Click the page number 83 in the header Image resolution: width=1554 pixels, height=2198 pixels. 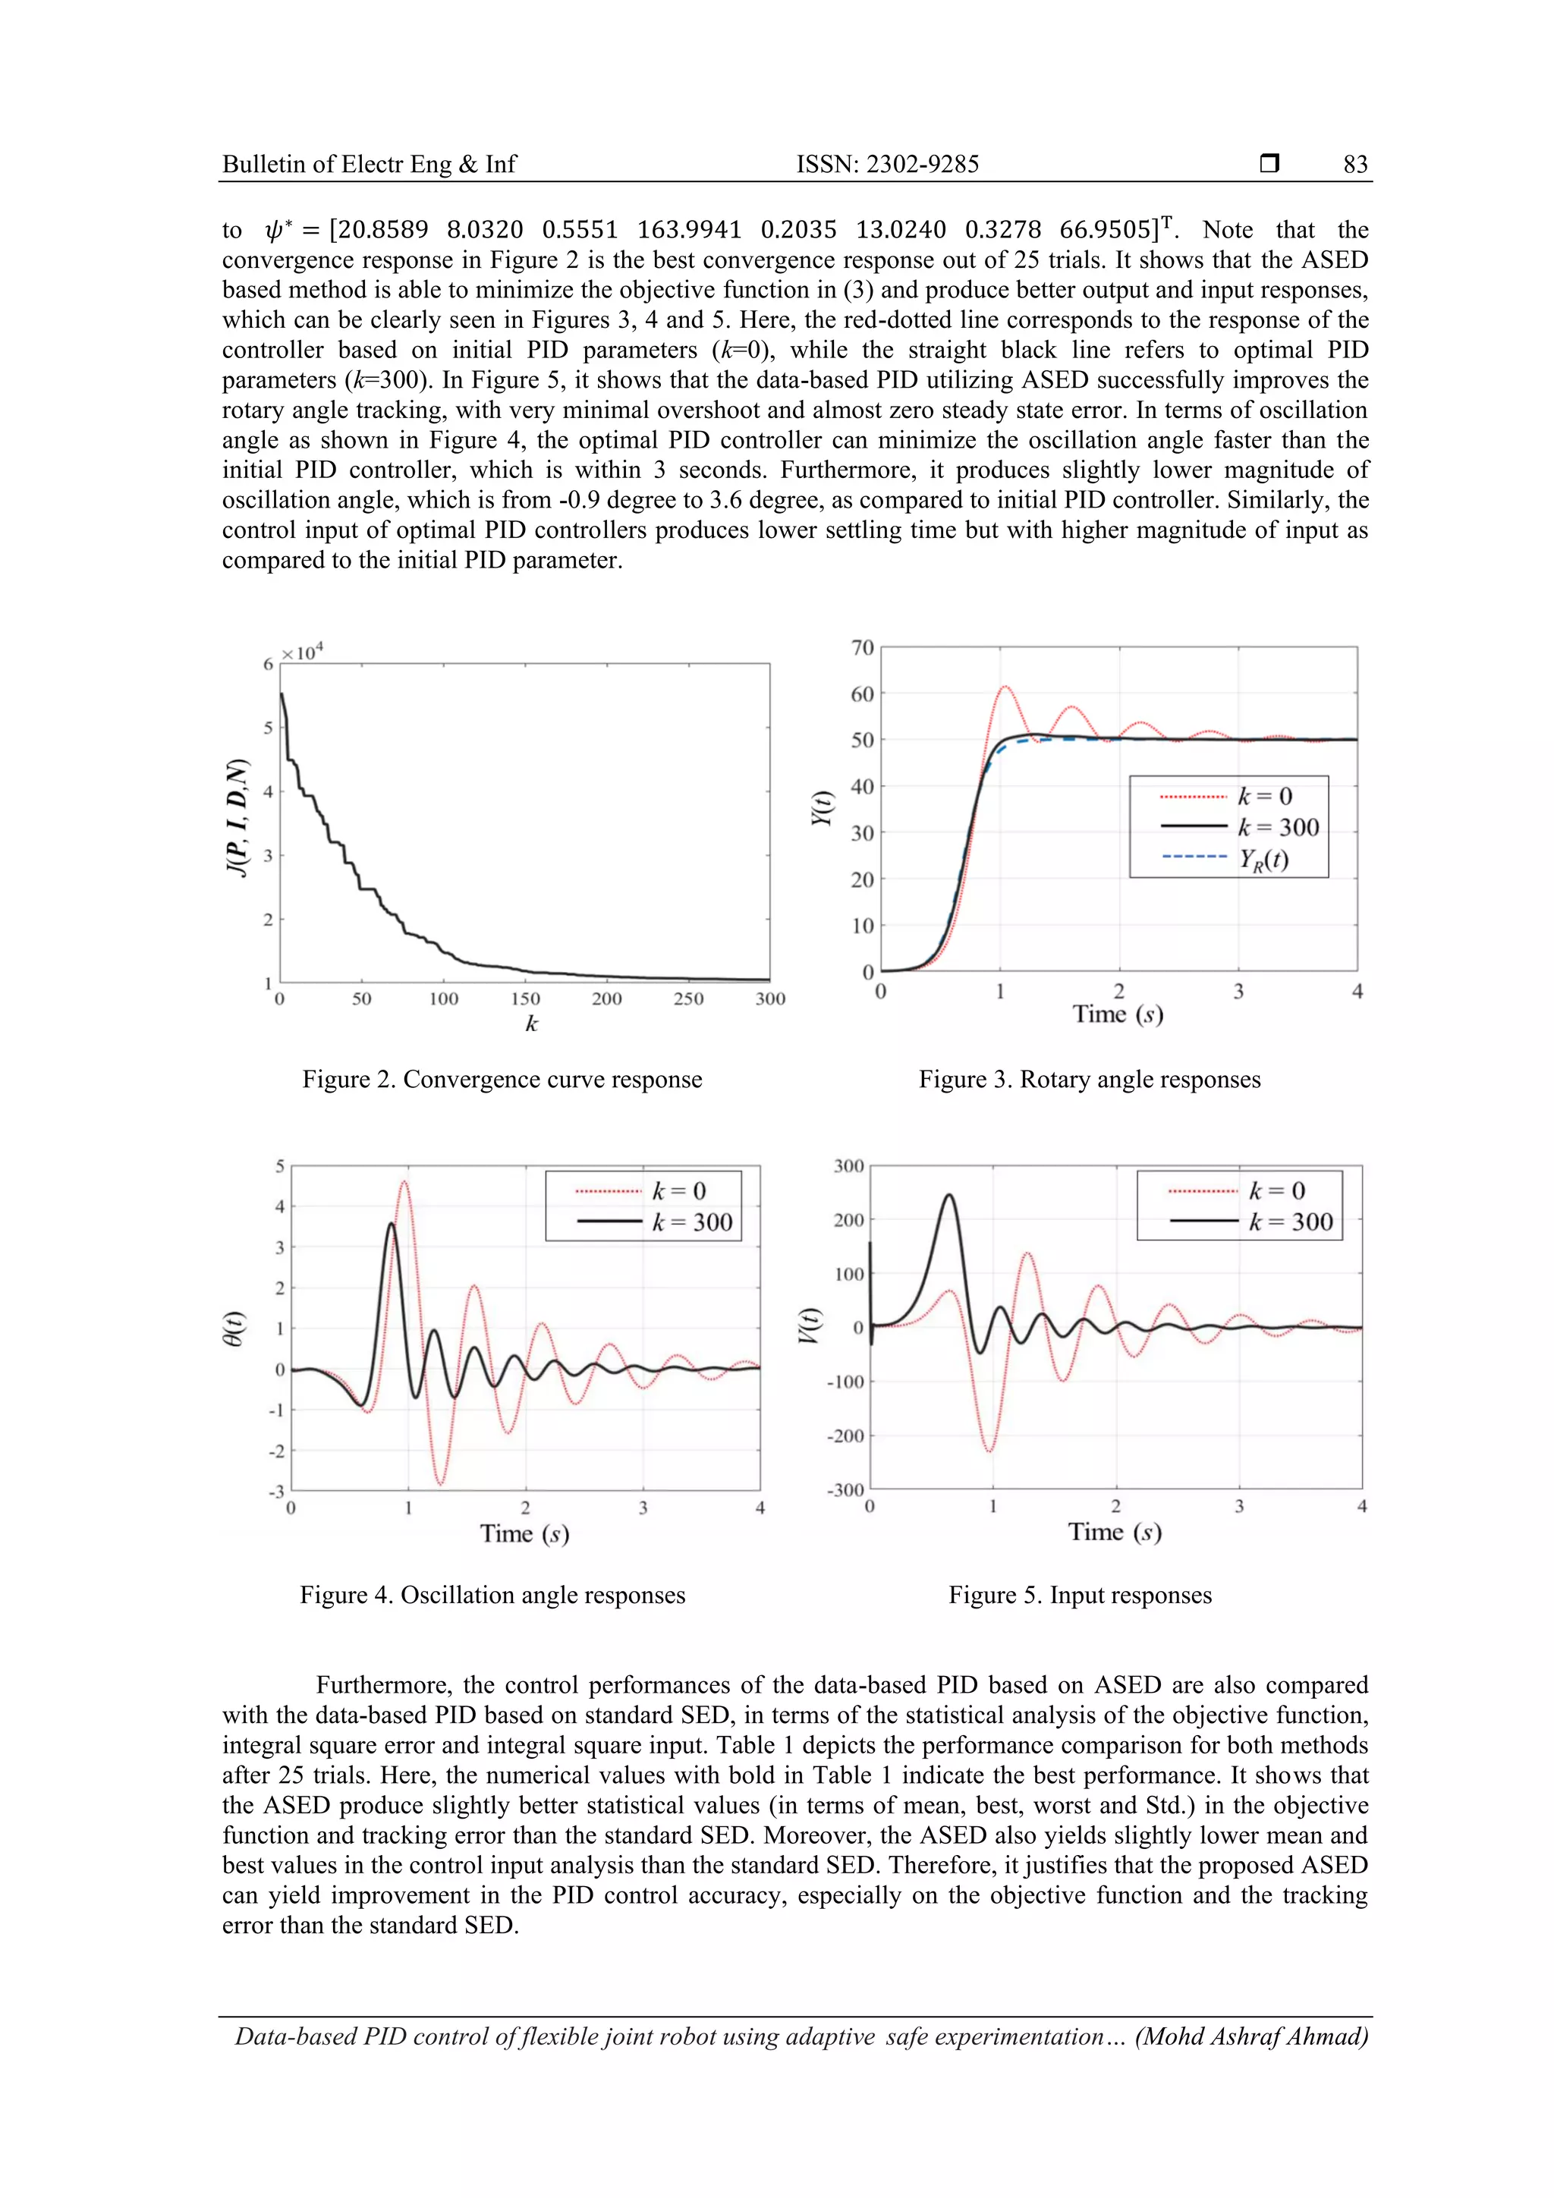(x=1355, y=165)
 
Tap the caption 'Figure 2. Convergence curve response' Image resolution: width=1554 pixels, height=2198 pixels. (x=502, y=1080)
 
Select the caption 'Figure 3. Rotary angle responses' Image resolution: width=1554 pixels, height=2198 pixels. (x=1090, y=1080)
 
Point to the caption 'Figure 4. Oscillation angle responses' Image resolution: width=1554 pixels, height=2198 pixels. (x=492, y=1595)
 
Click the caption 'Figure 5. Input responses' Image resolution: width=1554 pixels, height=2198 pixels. (x=1080, y=1595)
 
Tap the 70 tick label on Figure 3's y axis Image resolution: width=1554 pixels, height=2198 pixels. (x=863, y=648)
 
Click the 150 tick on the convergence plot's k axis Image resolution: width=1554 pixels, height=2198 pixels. (x=524, y=999)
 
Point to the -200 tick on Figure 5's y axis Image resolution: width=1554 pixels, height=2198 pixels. (x=845, y=1436)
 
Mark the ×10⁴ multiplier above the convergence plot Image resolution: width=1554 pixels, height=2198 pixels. (x=303, y=653)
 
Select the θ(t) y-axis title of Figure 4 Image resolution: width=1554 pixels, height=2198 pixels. (x=233, y=1329)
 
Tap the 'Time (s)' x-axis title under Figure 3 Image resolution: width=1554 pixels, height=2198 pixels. (x=1118, y=1014)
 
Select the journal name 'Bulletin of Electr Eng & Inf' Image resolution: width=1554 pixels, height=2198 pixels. (x=369, y=165)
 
